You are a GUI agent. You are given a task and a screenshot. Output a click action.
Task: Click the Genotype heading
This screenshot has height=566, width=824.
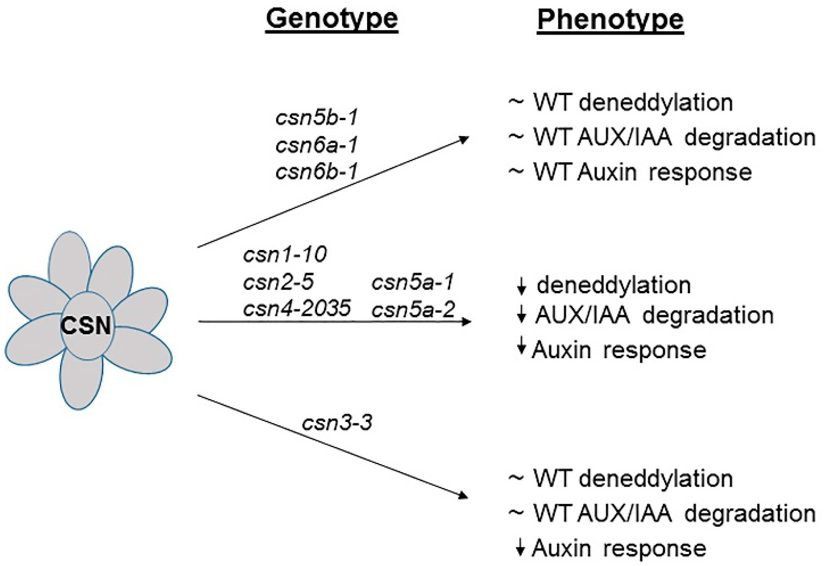[x=332, y=19]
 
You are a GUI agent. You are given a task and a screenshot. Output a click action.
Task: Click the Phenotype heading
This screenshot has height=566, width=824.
[x=610, y=19]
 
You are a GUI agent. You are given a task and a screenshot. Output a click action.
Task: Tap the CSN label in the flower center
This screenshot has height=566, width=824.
[x=86, y=326]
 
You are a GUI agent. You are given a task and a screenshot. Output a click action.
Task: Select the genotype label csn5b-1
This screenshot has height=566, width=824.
[x=317, y=118]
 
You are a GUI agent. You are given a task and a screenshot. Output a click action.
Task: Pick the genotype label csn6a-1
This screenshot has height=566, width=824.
[x=317, y=145]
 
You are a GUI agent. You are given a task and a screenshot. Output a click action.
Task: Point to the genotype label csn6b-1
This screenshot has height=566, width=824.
[x=317, y=172]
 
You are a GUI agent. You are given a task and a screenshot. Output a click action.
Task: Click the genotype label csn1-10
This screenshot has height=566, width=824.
[x=285, y=254]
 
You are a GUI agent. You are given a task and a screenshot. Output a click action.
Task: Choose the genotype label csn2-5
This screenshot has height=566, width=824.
[x=278, y=282]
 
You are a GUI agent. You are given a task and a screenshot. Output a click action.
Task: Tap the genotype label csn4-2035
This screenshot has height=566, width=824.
[x=297, y=308]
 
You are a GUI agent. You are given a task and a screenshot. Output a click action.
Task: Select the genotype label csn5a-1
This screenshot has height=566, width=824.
[x=413, y=282]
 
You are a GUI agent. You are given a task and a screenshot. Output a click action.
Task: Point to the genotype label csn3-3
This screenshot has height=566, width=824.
[x=337, y=423]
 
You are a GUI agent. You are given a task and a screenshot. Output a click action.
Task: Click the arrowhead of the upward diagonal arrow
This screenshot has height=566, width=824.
[x=464, y=139]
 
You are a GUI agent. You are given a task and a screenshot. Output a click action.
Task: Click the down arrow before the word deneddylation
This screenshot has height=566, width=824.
[x=521, y=287]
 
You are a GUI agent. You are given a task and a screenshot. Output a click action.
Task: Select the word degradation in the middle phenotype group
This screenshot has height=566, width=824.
[x=708, y=315]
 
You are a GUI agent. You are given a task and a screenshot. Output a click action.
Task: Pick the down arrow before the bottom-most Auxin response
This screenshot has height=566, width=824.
[x=520, y=548]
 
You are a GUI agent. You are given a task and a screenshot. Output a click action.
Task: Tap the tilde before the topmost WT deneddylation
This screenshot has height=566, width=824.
[x=516, y=102]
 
